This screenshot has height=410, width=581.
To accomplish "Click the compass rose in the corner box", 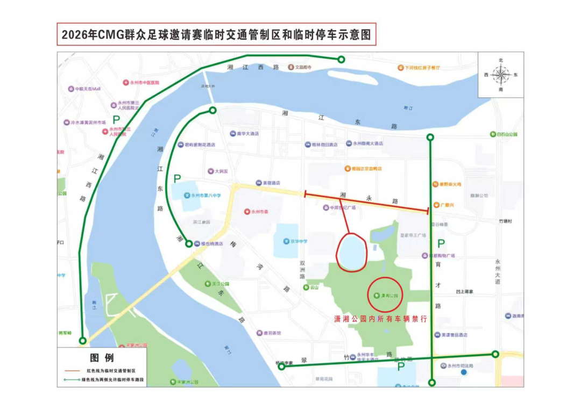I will tap(500, 75).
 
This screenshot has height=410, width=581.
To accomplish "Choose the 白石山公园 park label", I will tap(504, 134).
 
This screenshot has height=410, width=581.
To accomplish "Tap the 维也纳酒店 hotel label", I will tap(208, 243).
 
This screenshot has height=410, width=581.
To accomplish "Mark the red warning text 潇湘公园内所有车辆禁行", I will tap(380, 319).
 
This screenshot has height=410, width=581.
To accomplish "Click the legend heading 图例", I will tap(102, 357).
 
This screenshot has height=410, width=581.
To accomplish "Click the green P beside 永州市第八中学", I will tap(177, 179).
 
